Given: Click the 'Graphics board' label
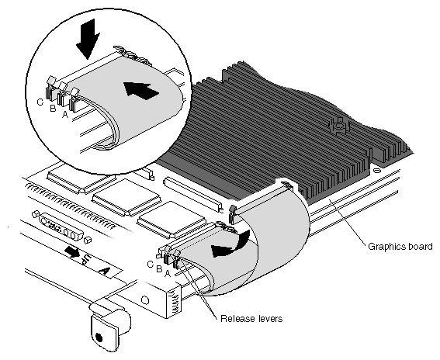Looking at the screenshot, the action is click(400, 247).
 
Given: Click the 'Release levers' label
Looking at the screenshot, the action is click(251, 319).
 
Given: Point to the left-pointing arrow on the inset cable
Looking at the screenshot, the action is click(141, 90).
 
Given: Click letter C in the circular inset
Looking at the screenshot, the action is click(40, 102).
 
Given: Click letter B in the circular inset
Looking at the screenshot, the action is click(53, 108).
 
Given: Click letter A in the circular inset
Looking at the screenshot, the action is click(65, 114).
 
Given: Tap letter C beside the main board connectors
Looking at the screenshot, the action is click(151, 264).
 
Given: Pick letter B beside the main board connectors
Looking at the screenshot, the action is click(159, 268).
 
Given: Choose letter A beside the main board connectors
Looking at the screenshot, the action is click(168, 273).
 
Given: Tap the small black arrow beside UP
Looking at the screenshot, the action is click(71, 251).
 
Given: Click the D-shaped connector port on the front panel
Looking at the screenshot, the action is click(62, 227).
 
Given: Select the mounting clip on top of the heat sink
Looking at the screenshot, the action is click(339, 125).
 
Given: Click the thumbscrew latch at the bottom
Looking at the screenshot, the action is click(109, 326).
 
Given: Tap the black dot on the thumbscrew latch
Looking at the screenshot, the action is click(99, 337).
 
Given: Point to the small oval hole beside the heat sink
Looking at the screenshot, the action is click(377, 170).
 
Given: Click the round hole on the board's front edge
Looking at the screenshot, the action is click(145, 300).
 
